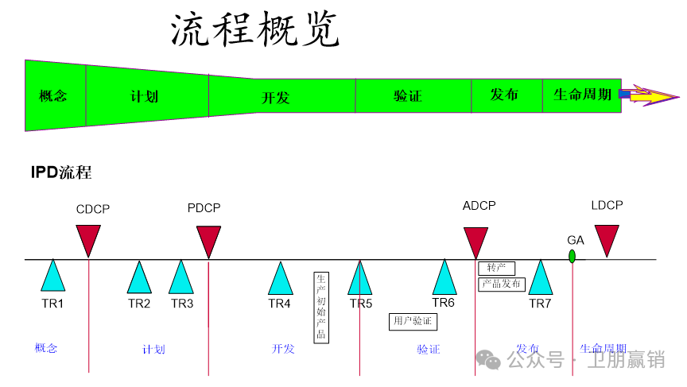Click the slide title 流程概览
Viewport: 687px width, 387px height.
coord(255,31)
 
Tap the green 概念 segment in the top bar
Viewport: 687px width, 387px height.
coord(53,96)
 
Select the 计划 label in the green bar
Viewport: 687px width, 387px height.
coord(145,96)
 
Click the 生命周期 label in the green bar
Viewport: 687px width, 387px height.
coord(582,95)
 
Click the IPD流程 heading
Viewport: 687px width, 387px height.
coord(61,172)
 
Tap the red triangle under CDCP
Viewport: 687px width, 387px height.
coord(88,238)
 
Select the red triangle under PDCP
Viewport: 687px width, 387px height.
coord(208,239)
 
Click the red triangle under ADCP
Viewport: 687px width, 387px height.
coord(475,240)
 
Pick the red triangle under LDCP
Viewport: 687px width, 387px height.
coord(607,238)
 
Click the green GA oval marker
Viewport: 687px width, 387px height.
coord(572,256)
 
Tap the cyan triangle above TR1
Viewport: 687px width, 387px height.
coord(53,277)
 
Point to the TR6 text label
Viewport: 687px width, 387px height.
coord(443,303)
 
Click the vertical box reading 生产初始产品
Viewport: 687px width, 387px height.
coord(321,307)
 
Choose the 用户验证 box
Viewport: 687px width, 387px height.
coord(413,321)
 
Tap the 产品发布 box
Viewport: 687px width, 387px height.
coord(501,284)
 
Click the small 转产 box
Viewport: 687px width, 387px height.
coord(496,268)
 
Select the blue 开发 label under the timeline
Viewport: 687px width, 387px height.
coord(283,349)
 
